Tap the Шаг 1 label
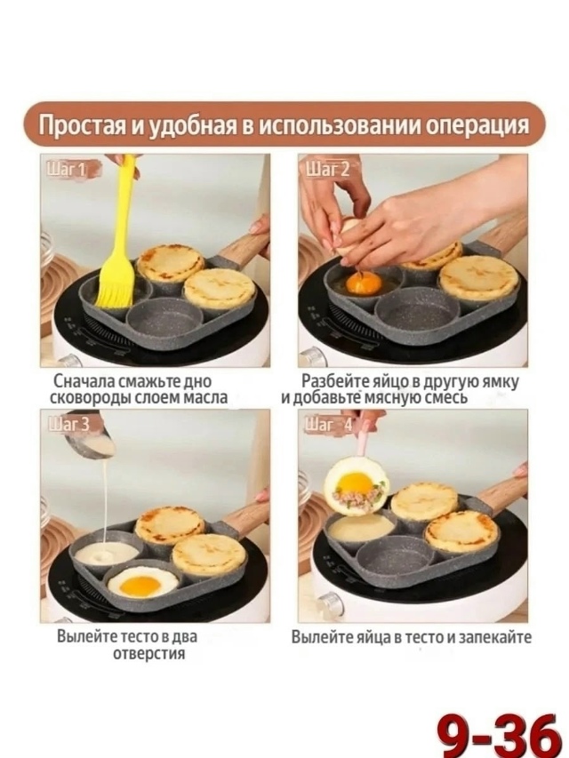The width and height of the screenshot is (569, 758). coord(66,170)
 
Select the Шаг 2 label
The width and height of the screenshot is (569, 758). coord(328,170)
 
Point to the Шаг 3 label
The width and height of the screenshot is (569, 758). coord(68,425)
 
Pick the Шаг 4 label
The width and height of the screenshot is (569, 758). coord(329,425)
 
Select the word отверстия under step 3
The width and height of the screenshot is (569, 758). coord(149,653)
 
